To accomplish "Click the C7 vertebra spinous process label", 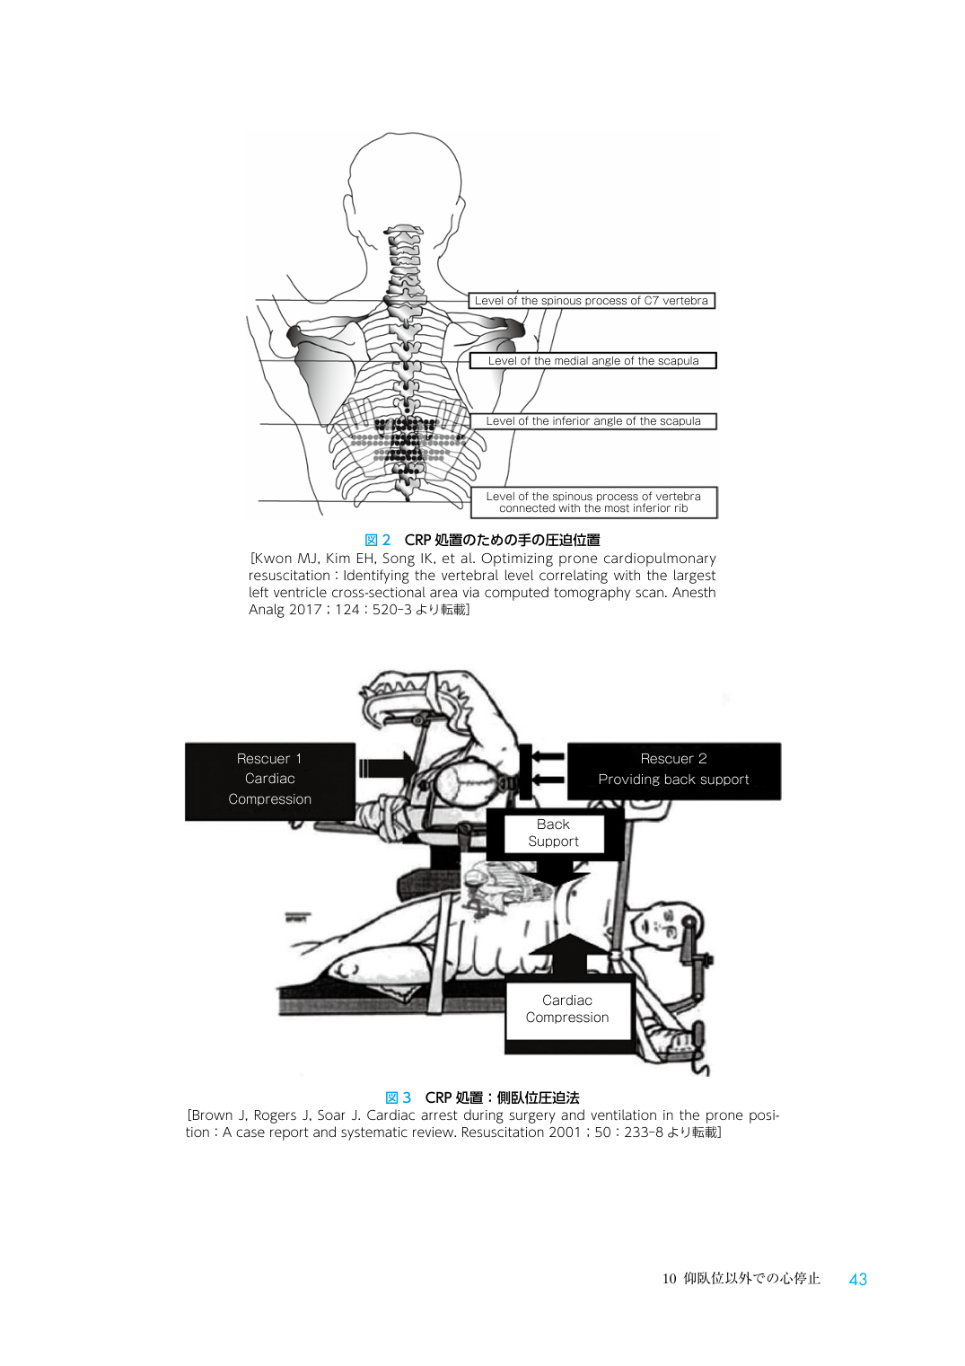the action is [592, 301].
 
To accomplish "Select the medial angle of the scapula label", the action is [592, 360].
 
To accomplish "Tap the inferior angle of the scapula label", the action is [592, 421].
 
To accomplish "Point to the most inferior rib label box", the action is [593, 503].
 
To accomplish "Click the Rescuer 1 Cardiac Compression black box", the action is [270, 780].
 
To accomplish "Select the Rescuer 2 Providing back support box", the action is [673, 771].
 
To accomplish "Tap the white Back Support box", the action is [554, 833].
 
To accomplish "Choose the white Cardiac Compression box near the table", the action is [567, 1009].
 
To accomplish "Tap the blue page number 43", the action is [857, 1279].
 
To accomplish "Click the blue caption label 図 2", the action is [377, 540].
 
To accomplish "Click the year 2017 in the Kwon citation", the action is [305, 609].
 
